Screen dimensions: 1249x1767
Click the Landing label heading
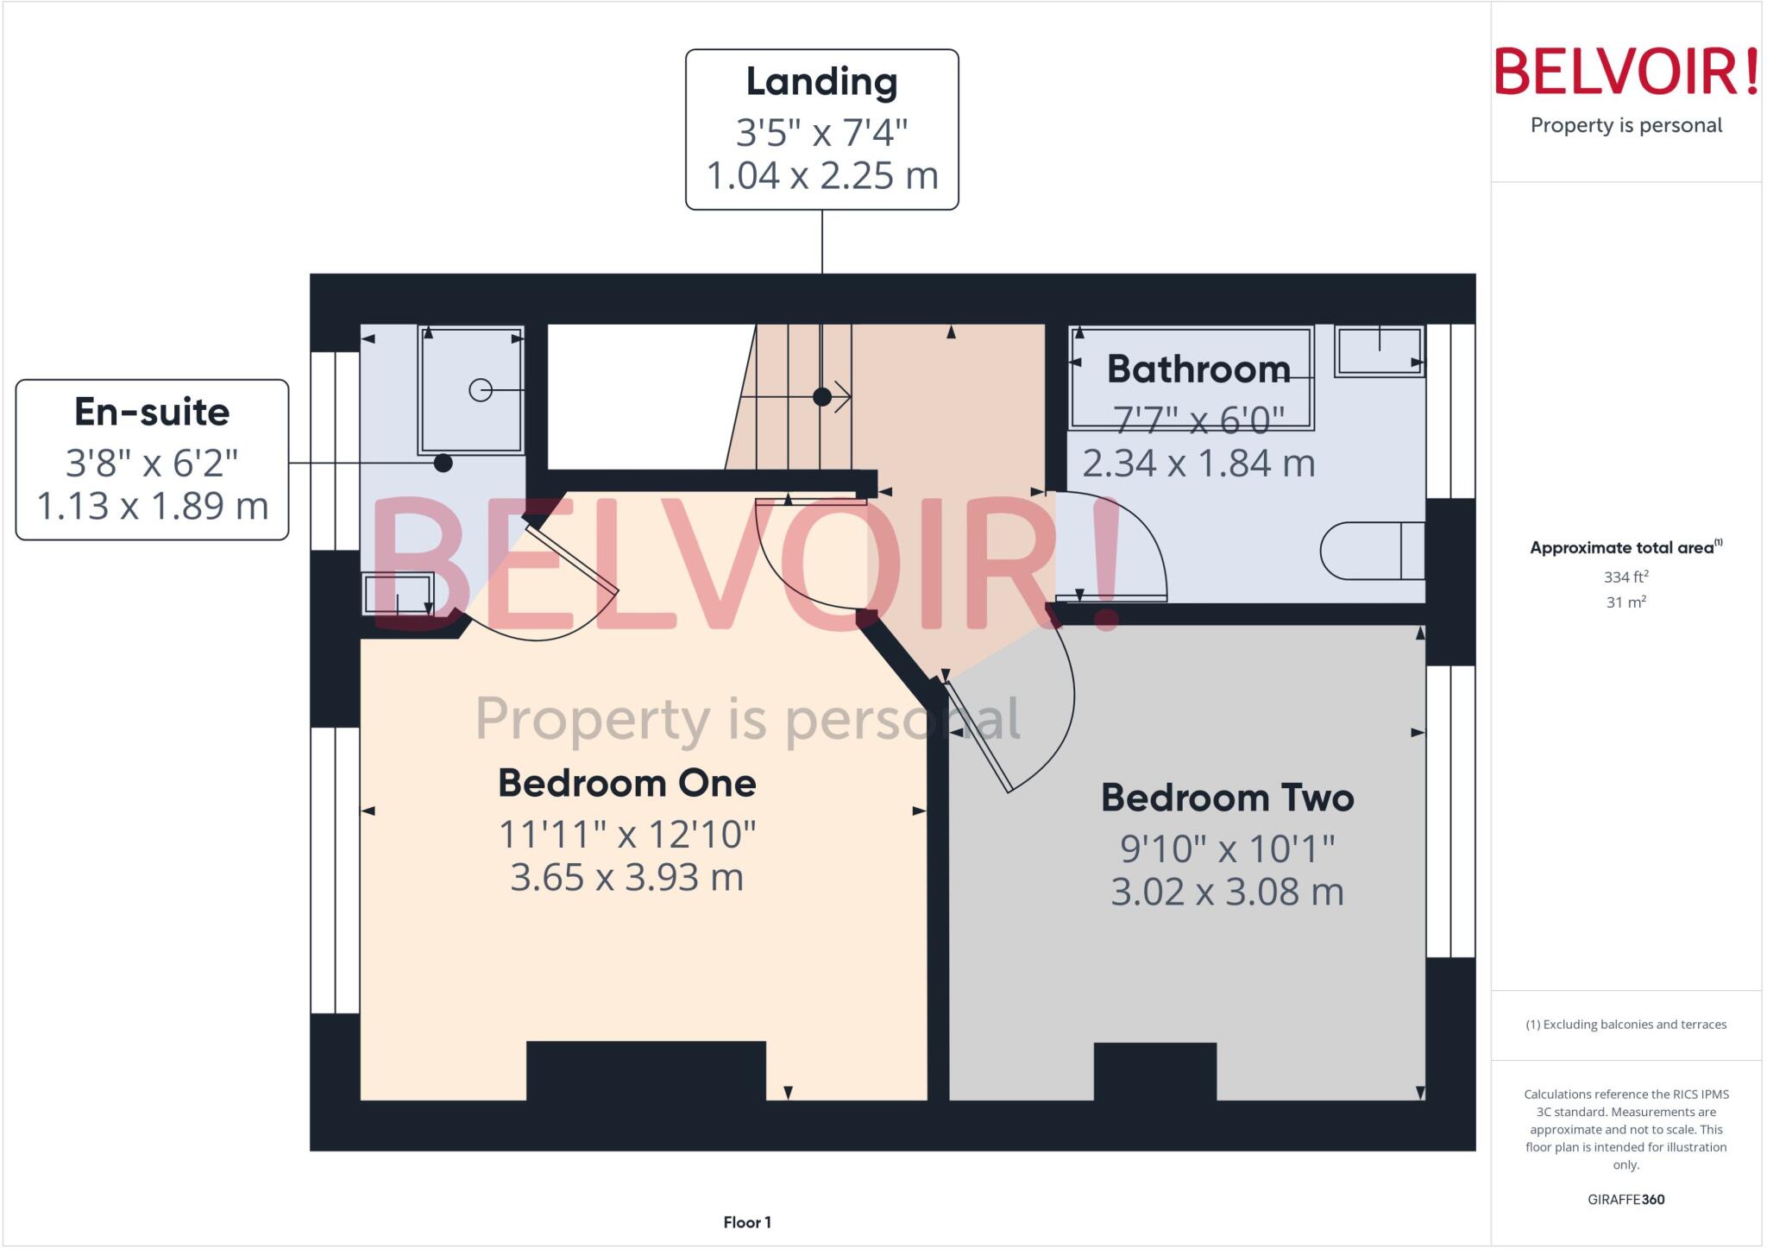[821, 83]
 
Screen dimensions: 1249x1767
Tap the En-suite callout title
[152, 413]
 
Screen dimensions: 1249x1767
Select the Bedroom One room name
[627, 784]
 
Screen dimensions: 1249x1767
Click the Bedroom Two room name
[1227, 798]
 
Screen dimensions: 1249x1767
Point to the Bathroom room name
[1198, 369]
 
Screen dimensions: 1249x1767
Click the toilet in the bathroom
[1372, 551]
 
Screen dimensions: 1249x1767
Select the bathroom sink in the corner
[1379, 350]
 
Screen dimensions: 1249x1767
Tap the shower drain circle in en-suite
[481, 390]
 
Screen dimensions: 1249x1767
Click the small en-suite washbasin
[398, 594]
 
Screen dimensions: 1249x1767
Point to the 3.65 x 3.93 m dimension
[627, 878]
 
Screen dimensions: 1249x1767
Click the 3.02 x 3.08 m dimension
[1227, 892]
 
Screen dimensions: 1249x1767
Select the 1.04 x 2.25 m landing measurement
[821, 176]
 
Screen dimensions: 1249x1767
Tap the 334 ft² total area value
[1626, 577]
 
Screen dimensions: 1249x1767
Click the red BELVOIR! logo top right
[1626, 72]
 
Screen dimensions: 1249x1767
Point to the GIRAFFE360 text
[1626, 1199]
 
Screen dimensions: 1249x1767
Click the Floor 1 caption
[747, 1222]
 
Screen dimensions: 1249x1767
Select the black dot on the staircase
[822, 397]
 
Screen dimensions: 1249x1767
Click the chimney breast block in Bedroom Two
[1155, 1071]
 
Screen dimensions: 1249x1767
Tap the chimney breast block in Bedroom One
[645, 1070]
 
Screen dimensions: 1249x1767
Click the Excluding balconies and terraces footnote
[1626, 1025]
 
